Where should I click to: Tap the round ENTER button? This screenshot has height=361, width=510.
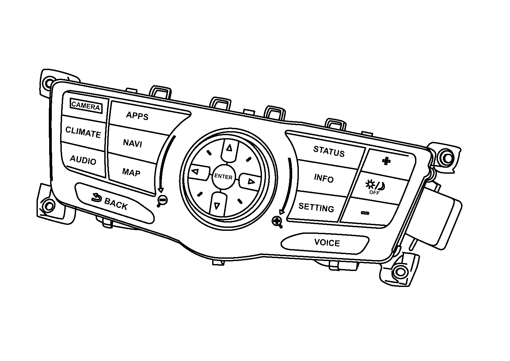[x=223, y=176]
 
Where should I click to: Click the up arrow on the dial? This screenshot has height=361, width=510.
[x=229, y=148]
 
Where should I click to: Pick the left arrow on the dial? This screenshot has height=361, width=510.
[x=195, y=171]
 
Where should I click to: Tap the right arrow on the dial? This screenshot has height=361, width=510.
[x=250, y=182]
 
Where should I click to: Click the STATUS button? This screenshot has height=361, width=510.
[x=329, y=151]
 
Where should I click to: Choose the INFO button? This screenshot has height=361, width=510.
[x=324, y=178]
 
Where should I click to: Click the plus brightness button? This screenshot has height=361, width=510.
[x=386, y=161]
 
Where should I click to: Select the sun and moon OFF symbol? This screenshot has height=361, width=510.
[x=375, y=187]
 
